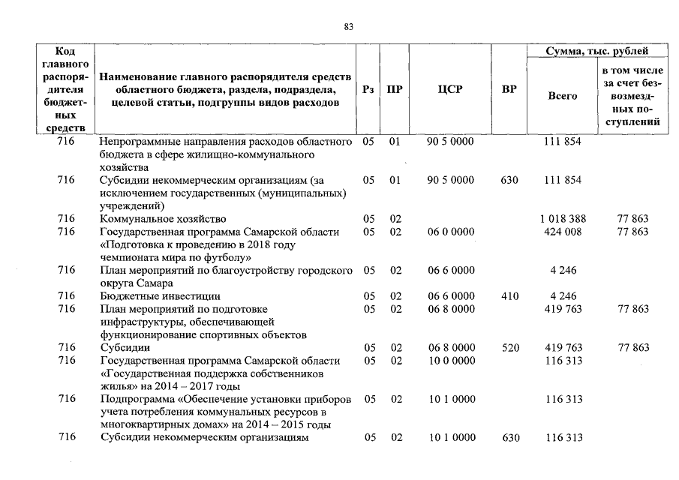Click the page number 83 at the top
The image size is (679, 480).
pos(348,27)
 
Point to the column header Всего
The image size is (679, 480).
pos(562,96)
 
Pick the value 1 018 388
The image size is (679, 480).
pos(562,219)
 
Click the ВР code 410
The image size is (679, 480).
pos(509,296)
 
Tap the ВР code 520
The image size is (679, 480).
pos(509,348)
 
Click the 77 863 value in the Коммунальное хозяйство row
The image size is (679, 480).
pos(632,219)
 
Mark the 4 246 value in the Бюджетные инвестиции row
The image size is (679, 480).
pos(562,296)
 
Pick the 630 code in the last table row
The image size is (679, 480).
pos(509,438)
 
